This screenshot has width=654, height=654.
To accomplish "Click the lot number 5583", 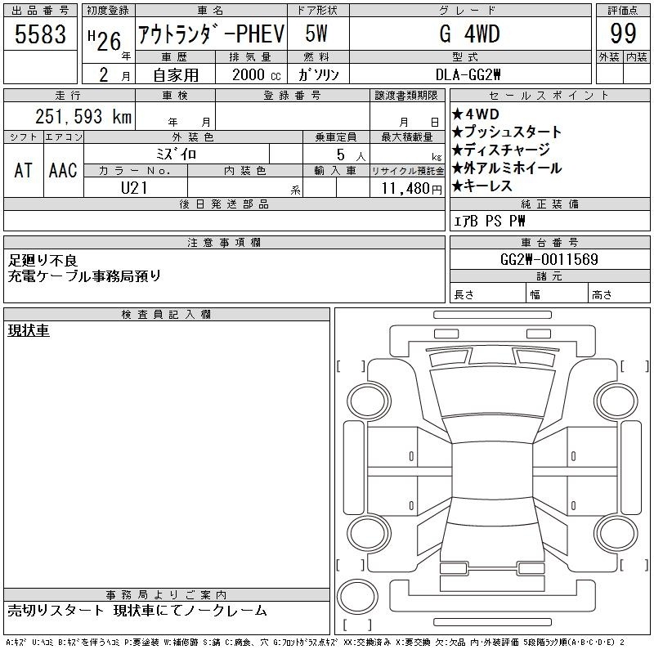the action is coord(40,34).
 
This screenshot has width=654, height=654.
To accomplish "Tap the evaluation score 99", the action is coord(623,34).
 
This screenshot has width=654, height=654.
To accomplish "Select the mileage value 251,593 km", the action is coord(83,116).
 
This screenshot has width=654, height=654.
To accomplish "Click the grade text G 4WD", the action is coord(469,34).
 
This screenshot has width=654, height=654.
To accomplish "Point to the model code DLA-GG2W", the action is coord(468,74).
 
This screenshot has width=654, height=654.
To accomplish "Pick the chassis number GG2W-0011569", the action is coord(549,259).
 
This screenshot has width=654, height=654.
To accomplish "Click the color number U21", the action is coord(134,188).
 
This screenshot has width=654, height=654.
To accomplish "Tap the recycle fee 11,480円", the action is coord(411,189).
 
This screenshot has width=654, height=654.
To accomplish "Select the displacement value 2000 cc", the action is coord(257,75).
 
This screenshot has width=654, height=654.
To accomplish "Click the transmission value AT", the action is coord(24,170).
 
